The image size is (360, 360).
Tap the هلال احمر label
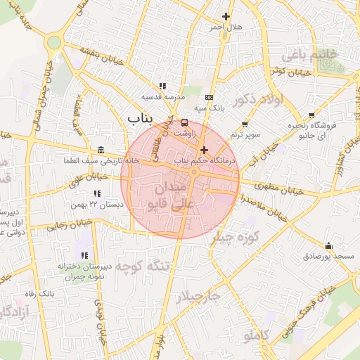[x=225, y=27]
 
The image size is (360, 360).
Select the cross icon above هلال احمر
[x=226, y=16]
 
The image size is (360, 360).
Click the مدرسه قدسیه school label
[x=163, y=97]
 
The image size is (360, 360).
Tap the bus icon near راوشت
[x=185, y=122]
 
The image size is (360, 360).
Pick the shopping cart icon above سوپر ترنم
[x=245, y=124]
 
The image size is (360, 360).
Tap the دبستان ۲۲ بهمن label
[x=96, y=204]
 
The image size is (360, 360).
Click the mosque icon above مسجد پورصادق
[x=328, y=246]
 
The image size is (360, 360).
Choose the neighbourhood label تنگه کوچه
[x=143, y=266]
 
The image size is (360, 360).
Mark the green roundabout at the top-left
[x=53, y=42]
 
